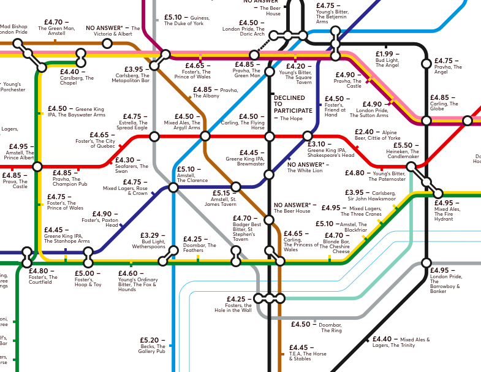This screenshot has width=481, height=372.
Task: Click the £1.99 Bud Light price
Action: [x=384, y=55]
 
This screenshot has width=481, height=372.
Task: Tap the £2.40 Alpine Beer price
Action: [x=364, y=132]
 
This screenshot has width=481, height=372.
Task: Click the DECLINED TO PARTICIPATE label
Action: [x=292, y=104]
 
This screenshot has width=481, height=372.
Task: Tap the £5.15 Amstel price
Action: [x=223, y=193]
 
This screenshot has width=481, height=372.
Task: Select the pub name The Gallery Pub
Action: [x=152, y=352]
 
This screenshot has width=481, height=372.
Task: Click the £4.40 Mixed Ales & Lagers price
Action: [x=381, y=339]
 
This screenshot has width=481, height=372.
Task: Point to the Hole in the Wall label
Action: [x=233, y=310]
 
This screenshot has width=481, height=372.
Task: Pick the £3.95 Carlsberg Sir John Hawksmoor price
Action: [x=358, y=192]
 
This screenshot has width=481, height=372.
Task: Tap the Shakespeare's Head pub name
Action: [x=331, y=156]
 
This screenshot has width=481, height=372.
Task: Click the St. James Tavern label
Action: [x=224, y=203]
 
